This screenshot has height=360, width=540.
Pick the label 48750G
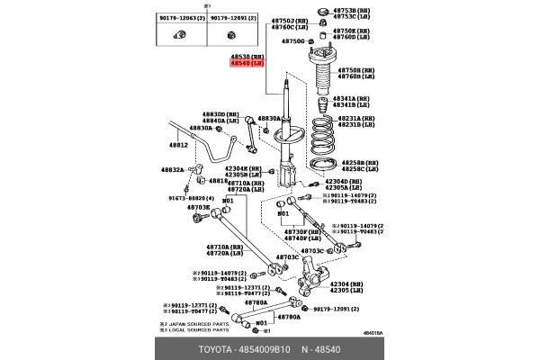pos(292,41)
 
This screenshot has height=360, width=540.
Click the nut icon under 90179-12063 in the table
pos(178,35)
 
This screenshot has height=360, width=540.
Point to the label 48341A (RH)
pos(351,98)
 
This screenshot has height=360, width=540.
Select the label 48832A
pos(172,169)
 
